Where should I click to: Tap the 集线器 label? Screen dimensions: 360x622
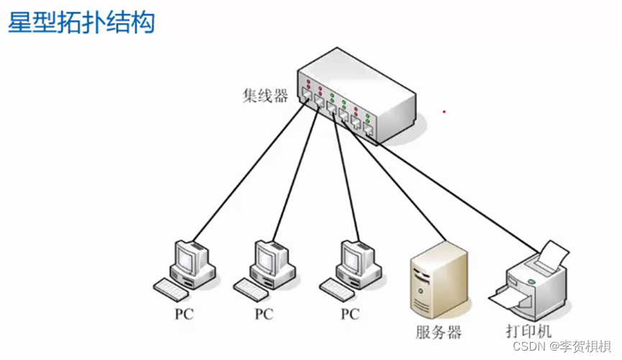coord(265,96)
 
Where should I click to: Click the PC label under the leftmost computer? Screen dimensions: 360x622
coord(184,314)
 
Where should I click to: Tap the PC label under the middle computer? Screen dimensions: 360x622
coord(265,314)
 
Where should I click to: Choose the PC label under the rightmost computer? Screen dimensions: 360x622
coord(349,314)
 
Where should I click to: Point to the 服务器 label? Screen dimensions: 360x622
coord(438,332)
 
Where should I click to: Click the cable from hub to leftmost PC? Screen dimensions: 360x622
coord(252,172)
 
